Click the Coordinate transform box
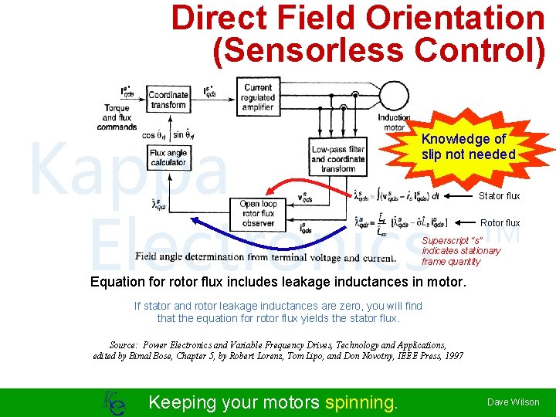pyautogui.click(x=168, y=100)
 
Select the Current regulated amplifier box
pyautogui.click(x=258, y=98)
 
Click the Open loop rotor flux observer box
pyautogui.click(x=258, y=213)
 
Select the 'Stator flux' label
pyautogui.click(x=500, y=196)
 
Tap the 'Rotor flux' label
pyautogui.click(x=500, y=223)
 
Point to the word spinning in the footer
pyautogui.click(x=361, y=402)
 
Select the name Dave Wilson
pyautogui.click(x=513, y=402)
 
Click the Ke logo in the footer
pyautogui.click(x=112, y=402)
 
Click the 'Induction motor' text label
pyautogui.click(x=394, y=123)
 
